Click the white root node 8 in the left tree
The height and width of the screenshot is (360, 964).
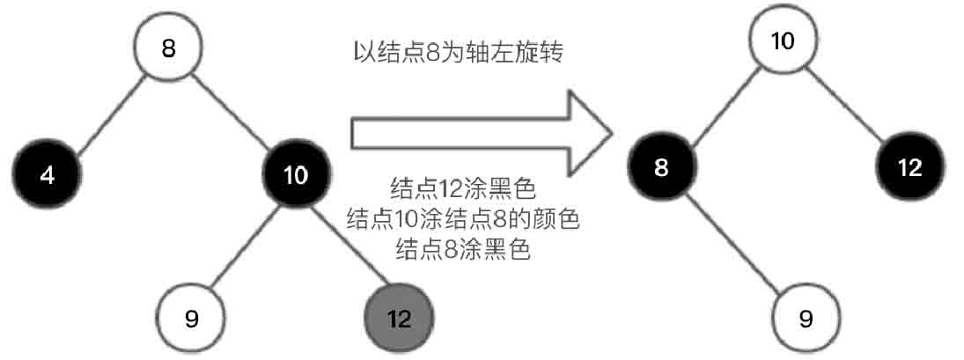coord(169,48)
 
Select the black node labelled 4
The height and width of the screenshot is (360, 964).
coord(48,174)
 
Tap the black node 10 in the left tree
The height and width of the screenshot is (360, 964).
coord(297,174)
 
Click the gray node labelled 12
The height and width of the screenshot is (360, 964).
coord(399,317)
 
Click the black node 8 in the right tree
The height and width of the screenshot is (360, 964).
coord(661,167)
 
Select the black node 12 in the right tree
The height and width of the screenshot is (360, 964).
coord(910,167)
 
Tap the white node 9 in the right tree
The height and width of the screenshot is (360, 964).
coord(806,317)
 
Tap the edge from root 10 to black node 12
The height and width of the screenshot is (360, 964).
coord(846,104)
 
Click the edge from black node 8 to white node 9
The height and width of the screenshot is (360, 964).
coord(734,243)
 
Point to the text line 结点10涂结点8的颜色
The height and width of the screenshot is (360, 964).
coord(462,218)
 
